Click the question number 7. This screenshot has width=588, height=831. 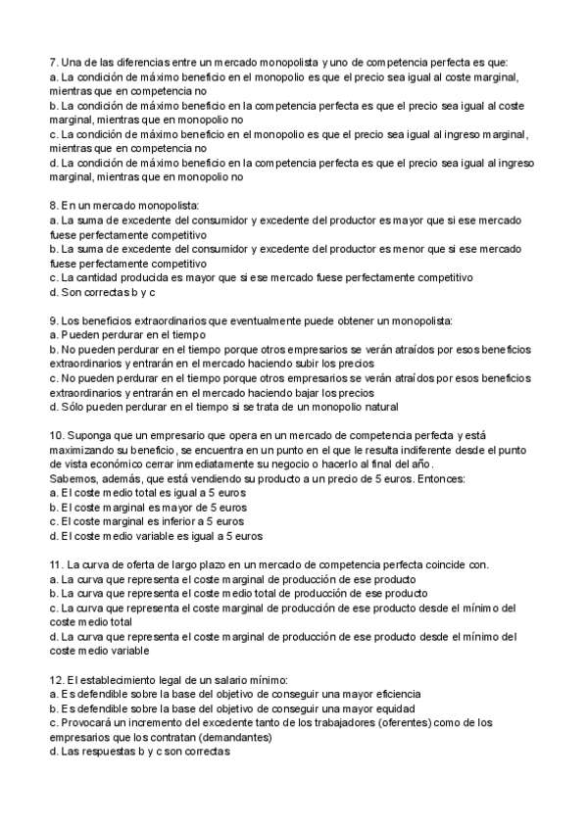point(53,61)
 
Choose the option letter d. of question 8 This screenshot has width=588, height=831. point(53,291)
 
